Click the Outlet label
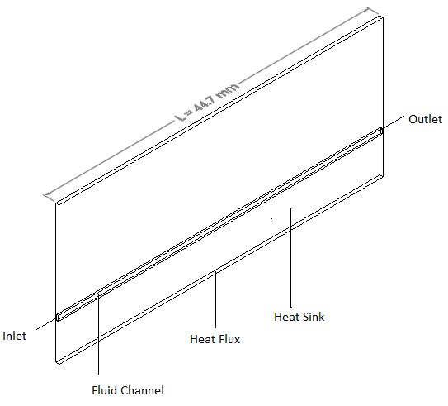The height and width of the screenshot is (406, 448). coord(425,119)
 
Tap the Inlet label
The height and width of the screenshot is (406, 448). coord(14,336)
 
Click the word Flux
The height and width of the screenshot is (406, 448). coord(228,339)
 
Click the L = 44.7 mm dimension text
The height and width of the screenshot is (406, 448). coord(206,103)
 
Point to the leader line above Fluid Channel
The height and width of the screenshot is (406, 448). coord(98,334)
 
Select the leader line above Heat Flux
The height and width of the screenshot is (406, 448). coord(215,300)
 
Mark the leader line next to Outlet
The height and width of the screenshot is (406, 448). coord(394,122)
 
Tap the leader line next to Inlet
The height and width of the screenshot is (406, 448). coord(46,324)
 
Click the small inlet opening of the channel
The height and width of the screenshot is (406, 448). coord(58,318)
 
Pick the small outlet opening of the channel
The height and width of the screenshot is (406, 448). coord(381,131)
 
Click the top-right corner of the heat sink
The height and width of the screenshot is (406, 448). coord(381,17)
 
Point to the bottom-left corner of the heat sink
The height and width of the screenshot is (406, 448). coord(57,363)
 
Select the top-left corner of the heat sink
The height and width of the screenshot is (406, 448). coord(57,204)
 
